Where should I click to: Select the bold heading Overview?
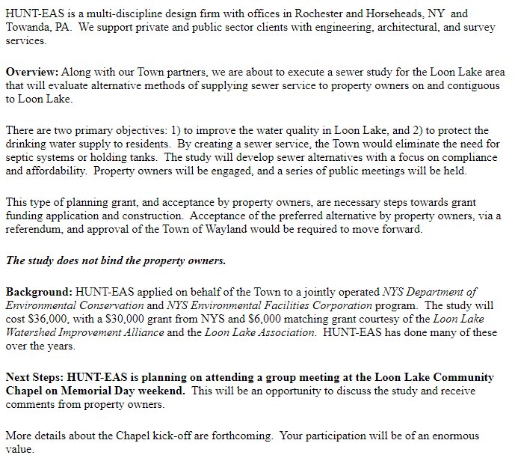point(32,73)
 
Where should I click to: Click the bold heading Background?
point(39,291)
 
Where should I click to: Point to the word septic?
point(22,157)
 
